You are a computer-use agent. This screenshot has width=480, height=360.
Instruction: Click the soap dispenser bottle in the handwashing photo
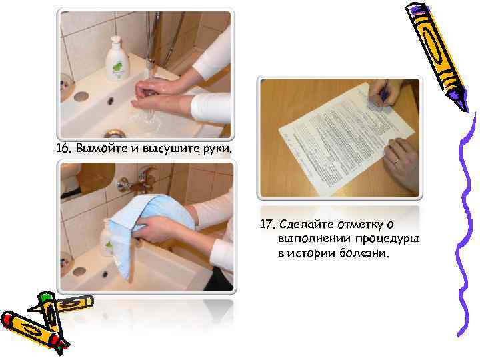pyautogui.click(x=117, y=59)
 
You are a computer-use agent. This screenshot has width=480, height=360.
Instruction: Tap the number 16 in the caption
pyautogui.click(x=63, y=149)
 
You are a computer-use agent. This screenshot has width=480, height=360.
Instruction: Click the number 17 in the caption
pyautogui.click(x=267, y=224)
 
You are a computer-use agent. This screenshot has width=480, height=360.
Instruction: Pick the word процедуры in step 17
pyautogui.click(x=387, y=239)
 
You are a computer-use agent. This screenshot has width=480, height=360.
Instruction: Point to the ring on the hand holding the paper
pyautogui.click(x=397, y=161)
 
